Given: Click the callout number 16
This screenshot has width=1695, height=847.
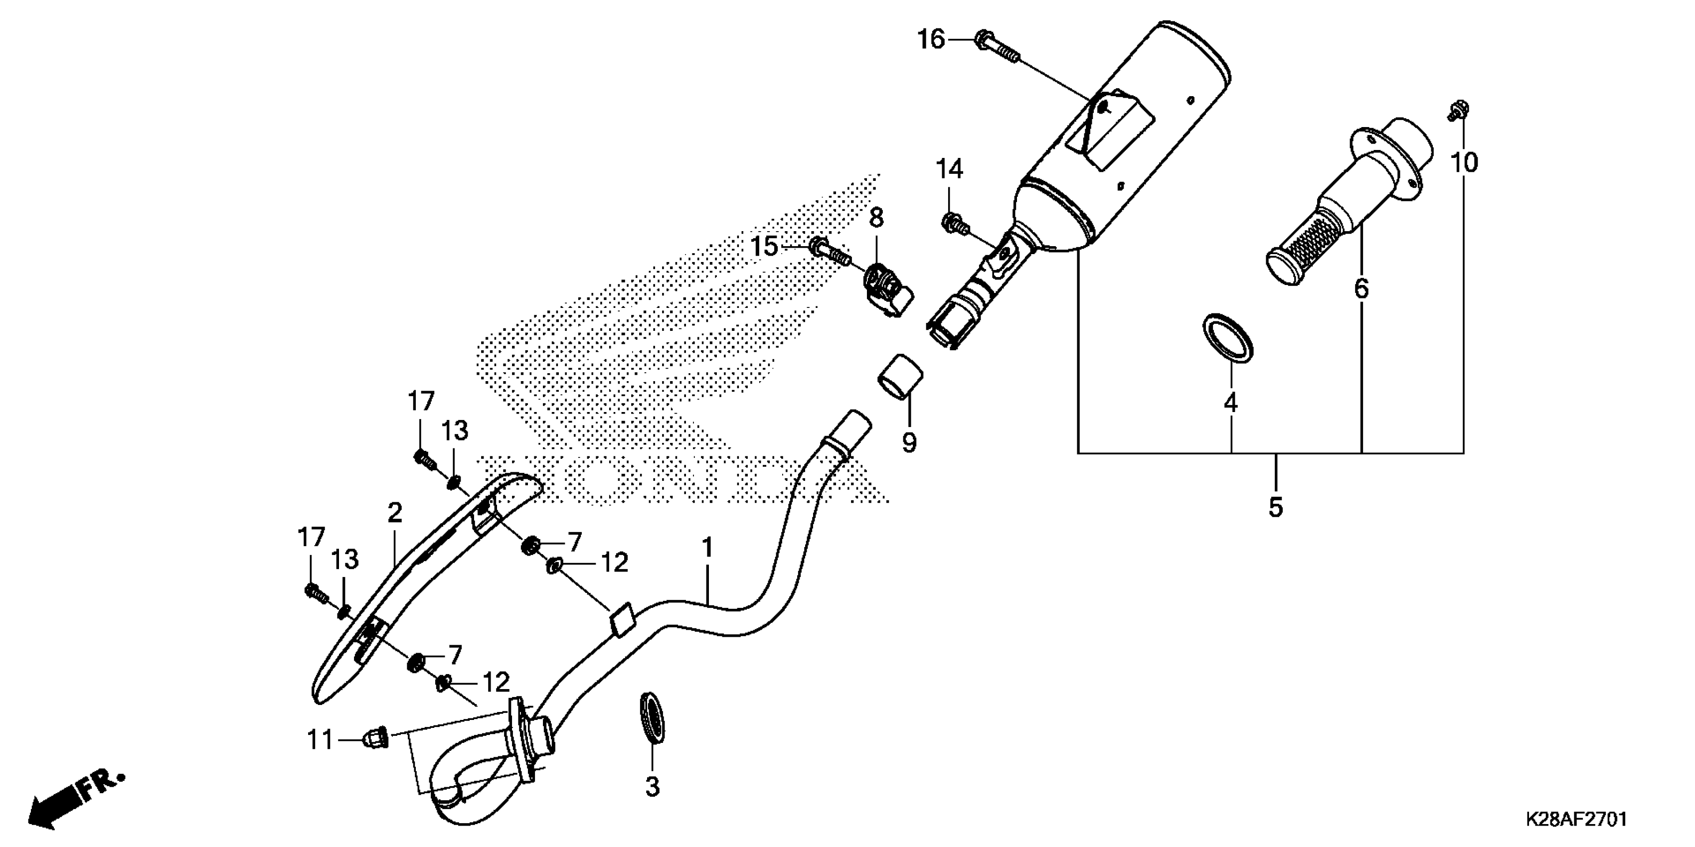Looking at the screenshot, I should [x=931, y=40].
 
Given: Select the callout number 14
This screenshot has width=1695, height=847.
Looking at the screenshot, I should [x=950, y=170].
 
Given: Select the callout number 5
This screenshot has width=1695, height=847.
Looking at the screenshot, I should [x=1275, y=507].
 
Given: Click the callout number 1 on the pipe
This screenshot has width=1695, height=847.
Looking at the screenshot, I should [x=707, y=547].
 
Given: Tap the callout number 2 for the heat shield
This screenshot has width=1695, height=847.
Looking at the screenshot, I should [x=394, y=513].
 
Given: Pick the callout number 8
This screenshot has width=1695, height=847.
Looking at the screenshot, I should [x=876, y=217].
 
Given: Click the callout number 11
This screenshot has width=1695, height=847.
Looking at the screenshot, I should [x=321, y=741].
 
